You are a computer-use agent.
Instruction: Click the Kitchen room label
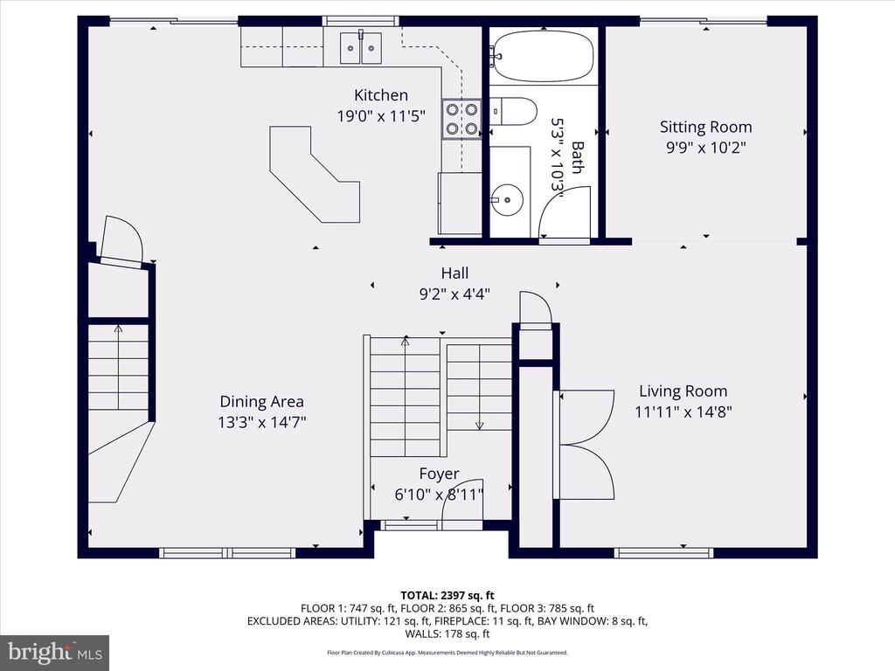(381, 95)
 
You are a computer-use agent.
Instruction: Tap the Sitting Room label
(705, 128)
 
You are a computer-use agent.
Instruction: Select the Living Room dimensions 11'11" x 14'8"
(683, 412)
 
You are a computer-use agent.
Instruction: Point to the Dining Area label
(261, 402)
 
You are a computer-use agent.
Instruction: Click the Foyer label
(439, 474)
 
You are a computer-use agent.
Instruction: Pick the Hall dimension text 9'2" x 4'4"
(454, 294)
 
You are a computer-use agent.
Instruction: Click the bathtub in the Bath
(543, 56)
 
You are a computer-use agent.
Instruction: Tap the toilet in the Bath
(513, 111)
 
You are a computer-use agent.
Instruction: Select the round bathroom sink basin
(507, 200)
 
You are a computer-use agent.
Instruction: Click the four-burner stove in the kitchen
(461, 119)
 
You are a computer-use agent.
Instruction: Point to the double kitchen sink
(361, 49)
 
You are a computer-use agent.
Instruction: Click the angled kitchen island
(315, 174)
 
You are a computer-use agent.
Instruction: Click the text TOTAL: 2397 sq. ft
(447, 596)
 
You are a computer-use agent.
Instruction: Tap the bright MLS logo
(55, 653)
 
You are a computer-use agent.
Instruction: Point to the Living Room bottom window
(664, 552)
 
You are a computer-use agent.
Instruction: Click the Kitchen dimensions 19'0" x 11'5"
(381, 116)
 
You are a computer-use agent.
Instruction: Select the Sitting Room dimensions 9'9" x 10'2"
(706, 148)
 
